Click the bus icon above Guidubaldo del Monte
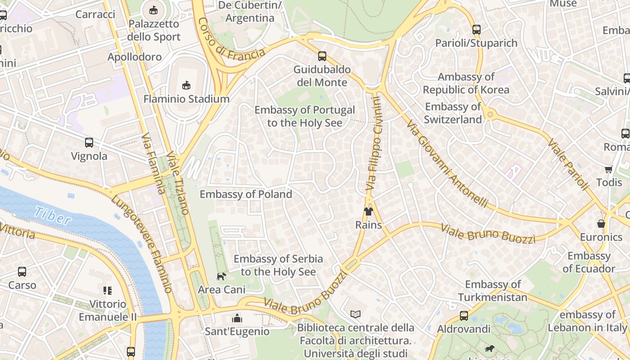tap(322, 56)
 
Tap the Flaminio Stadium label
tap(186, 99)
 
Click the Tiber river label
tap(53, 216)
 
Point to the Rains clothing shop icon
tap(369, 211)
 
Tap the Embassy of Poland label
tap(246, 194)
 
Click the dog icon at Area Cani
tap(221, 276)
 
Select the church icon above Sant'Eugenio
tap(237, 319)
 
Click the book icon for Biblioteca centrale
tap(355, 314)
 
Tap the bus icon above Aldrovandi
tap(464, 316)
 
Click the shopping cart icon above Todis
tap(608, 169)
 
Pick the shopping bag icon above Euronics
tap(601, 224)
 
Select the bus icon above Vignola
tap(89, 143)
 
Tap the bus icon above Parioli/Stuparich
tap(477, 30)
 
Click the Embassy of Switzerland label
tap(453, 113)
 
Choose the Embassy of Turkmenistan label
tap(493, 291)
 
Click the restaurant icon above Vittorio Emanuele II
tap(107, 291)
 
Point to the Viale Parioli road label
tap(568, 164)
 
